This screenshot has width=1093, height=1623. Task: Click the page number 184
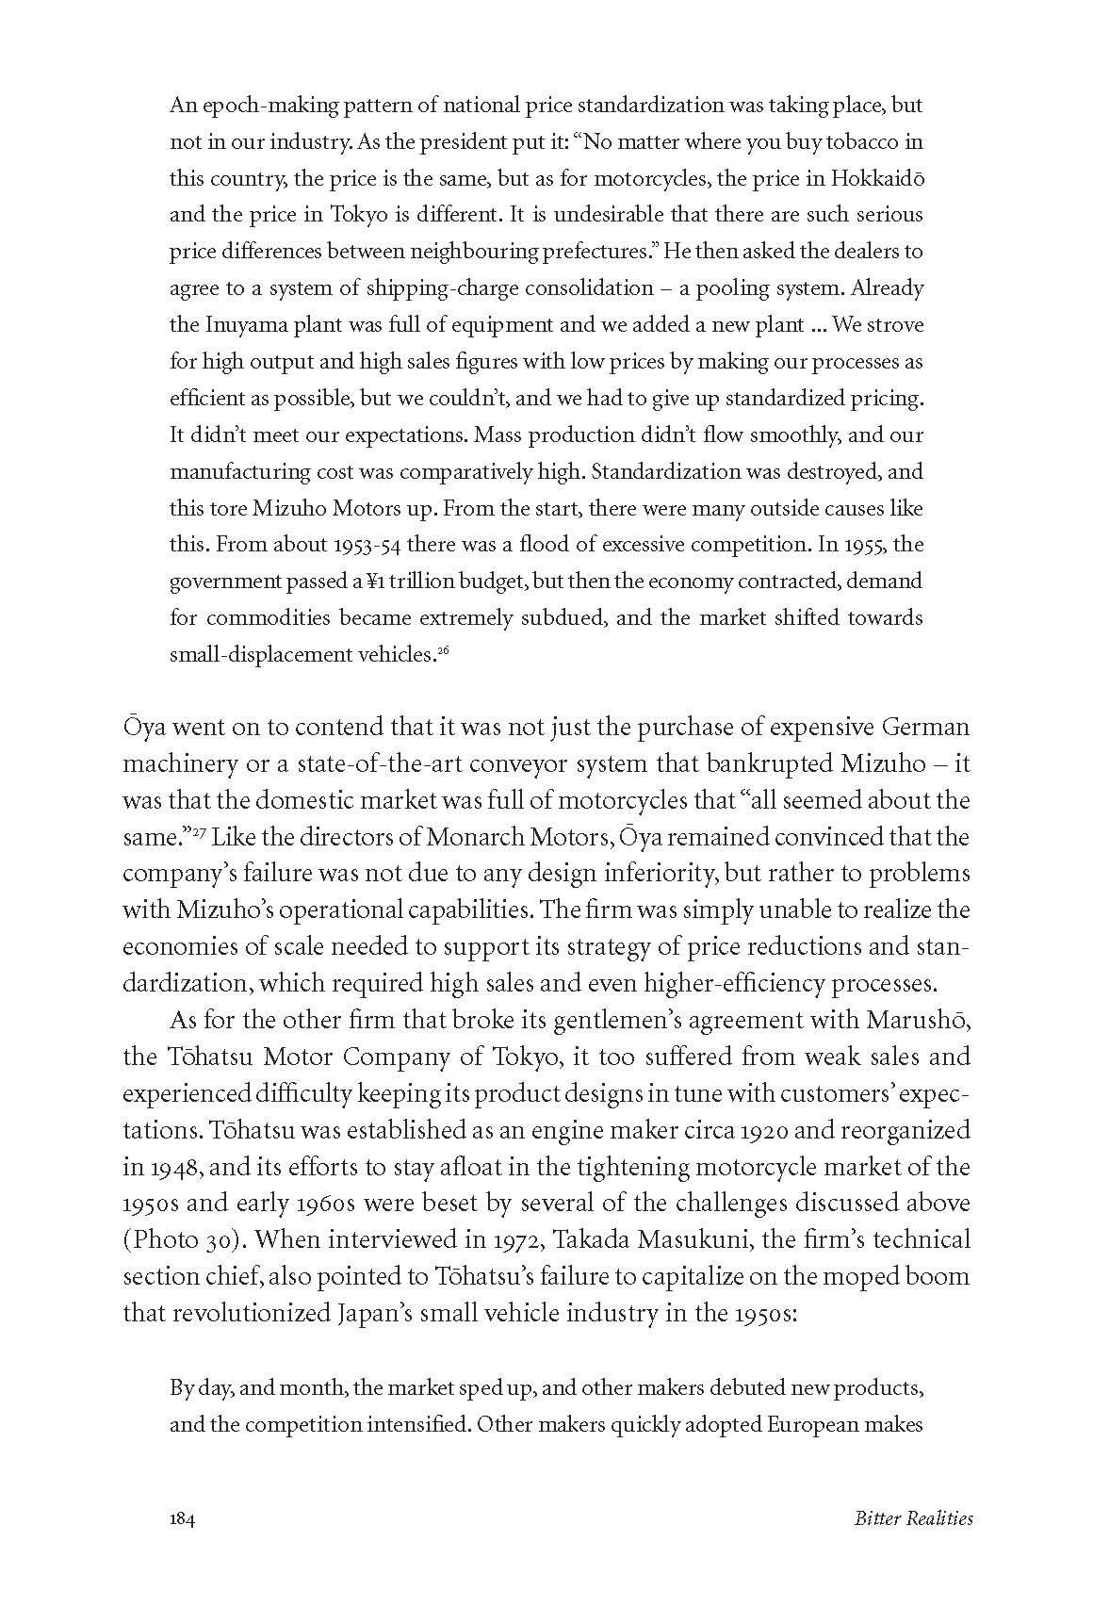pyautogui.click(x=182, y=1545)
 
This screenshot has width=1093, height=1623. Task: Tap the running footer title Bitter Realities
pyautogui.click(x=913, y=1545)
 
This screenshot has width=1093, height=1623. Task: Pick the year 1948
pyautogui.click(x=176, y=1167)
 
